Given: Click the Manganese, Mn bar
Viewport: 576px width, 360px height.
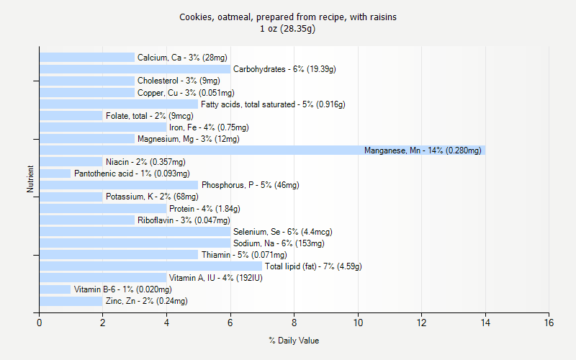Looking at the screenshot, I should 262,150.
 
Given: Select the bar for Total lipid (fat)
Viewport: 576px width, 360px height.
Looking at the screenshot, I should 150,266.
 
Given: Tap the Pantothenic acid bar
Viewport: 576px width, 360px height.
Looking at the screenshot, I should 55,174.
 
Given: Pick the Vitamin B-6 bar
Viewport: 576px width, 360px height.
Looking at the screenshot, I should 55,289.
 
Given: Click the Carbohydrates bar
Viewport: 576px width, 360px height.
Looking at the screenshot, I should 135,69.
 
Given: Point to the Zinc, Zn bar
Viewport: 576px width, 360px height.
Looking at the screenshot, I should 71,301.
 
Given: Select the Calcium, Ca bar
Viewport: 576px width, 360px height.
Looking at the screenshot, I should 86,58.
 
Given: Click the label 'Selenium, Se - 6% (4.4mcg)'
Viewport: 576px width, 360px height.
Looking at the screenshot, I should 282,232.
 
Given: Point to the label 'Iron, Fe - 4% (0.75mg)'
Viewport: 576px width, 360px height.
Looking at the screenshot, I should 204,127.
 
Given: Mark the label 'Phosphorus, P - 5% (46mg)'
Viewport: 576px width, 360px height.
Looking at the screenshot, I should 250,185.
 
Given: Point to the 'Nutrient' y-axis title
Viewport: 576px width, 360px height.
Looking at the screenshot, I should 30,179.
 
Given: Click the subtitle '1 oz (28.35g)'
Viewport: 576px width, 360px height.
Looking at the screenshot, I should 288,29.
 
